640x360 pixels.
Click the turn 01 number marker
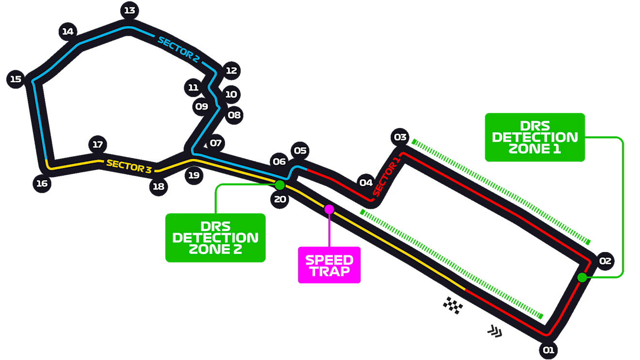click(x=548, y=350)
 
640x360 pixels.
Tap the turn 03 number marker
click(x=400, y=137)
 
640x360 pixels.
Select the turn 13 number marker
click(x=129, y=10)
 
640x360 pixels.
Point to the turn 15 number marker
click(x=16, y=79)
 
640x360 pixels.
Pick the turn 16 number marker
click(x=42, y=183)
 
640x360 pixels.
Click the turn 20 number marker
click(x=280, y=199)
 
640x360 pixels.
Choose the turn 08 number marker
click(x=234, y=115)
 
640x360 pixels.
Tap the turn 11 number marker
click(x=193, y=88)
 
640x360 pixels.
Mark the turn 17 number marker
click(x=97, y=144)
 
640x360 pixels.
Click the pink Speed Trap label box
click(x=329, y=265)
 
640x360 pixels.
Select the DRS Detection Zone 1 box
click(x=535, y=137)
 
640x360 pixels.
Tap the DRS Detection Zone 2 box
click(x=215, y=238)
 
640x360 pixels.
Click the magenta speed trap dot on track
click(x=329, y=209)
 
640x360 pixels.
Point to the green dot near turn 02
click(x=582, y=278)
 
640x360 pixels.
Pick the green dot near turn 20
click(x=280, y=185)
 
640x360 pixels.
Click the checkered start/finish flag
click(x=453, y=306)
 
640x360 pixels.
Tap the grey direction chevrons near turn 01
click(x=495, y=331)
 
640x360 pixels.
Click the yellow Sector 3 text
click(x=129, y=166)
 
